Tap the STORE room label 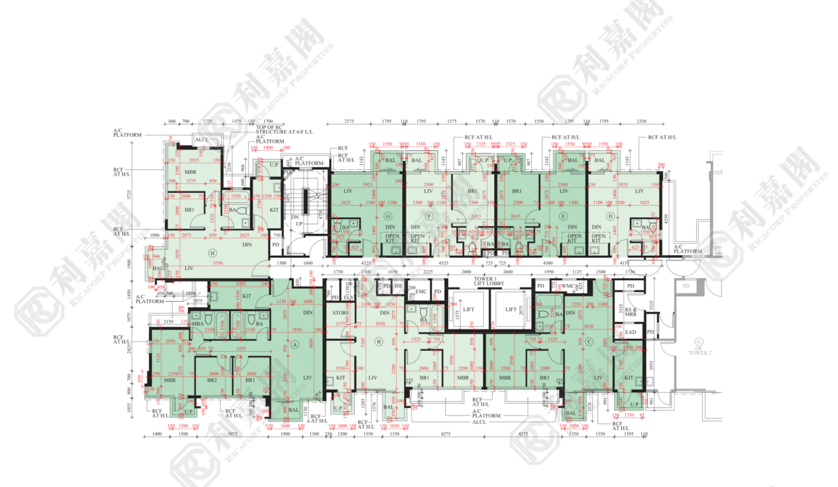tap(340, 312)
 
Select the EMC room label tap(421, 292)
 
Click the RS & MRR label tap(631, 313)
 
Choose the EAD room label tap(631, 332)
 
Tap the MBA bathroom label tap(197, 325)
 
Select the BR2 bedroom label tap(212, 380)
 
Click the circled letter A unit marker tap(295, 343)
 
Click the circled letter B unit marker tap(379, 342)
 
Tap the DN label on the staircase tap(295, 217)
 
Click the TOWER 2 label tap(699, 352)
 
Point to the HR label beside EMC tap(399, 286)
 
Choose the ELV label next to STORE tap(349, 297)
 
